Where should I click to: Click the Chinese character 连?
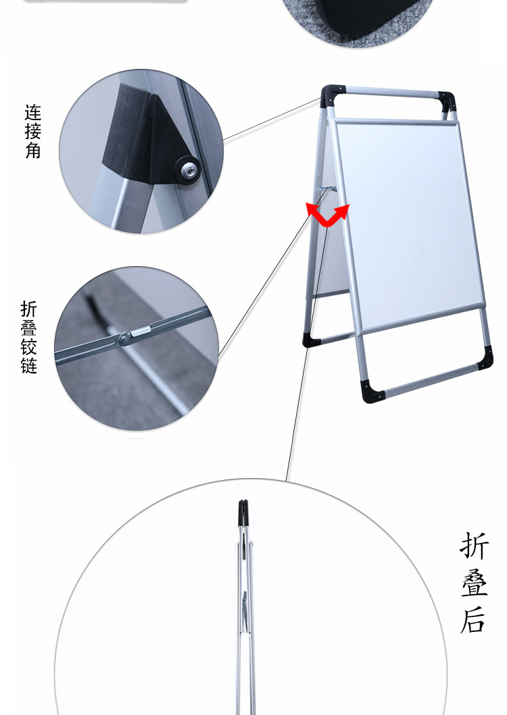click(33, 113)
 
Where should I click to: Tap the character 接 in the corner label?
click(33, 132)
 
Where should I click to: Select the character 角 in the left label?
click(33, 150)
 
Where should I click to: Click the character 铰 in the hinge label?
click(28, 346)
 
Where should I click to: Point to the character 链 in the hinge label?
click(28, 365)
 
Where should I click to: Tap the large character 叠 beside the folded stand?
click(474, 583)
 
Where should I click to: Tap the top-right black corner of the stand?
click(447, 102)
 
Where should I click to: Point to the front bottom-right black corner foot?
click(485, 358)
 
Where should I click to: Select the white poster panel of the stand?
click(408, 223)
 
